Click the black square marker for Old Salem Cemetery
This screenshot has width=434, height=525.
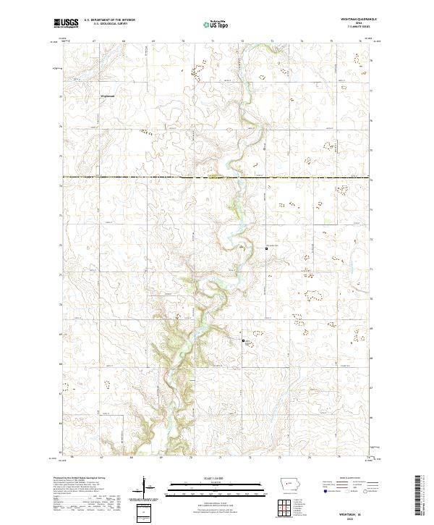point(265,250)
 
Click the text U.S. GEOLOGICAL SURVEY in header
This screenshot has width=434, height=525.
point(106,25)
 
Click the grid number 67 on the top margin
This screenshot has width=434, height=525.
point(95,41)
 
